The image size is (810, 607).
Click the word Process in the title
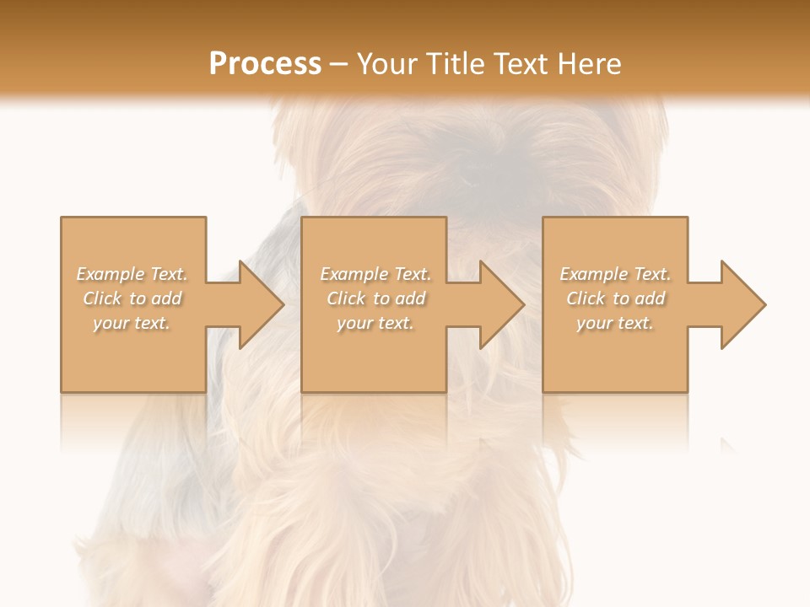point(265,64)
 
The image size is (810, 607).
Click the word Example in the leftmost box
point(111,274)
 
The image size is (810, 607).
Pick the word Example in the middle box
point(354,274)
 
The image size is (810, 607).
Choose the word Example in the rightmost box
point(593,274)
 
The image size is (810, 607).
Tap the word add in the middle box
point(410,298)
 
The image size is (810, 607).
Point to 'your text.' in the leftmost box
point(132,323)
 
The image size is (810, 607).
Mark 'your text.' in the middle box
point(375,323)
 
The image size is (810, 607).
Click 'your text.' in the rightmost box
point(615,323)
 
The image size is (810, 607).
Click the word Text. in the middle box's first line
point(411,274)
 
